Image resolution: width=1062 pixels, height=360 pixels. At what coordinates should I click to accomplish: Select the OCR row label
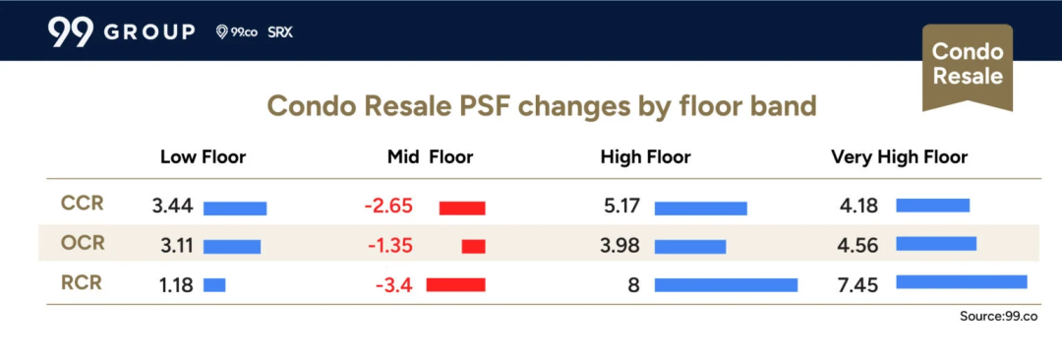click(84, 243)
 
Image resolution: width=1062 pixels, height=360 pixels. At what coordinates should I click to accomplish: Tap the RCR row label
click(82, 282)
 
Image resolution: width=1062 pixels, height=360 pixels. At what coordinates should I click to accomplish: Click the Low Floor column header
click(204, 158)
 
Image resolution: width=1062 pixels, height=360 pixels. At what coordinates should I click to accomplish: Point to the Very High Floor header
click(900, 158)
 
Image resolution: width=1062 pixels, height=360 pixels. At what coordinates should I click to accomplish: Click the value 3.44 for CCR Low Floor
click(173, 207)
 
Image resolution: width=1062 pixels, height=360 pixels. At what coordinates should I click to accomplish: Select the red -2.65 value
click(388, 207)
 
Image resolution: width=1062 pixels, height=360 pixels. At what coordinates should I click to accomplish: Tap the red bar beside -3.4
click(456, 284)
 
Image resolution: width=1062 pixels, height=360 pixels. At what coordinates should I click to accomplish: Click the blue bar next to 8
click(726, 284)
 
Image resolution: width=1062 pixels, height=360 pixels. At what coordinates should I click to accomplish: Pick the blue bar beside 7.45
click(962, 281)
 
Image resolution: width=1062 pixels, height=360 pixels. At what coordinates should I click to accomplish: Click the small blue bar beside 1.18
click(214, 284)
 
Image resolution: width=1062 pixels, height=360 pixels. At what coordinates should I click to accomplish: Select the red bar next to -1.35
click(473, 247)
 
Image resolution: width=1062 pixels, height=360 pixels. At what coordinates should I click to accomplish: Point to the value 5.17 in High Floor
click(620, 207)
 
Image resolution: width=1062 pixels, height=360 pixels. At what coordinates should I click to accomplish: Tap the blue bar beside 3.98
click(690, 247)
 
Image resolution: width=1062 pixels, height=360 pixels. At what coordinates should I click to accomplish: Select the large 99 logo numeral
click(71, 32)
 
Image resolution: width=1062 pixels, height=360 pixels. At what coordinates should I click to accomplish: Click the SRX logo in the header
click(279, 32)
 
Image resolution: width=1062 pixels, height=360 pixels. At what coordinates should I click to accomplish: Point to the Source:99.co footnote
click(998, 317)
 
